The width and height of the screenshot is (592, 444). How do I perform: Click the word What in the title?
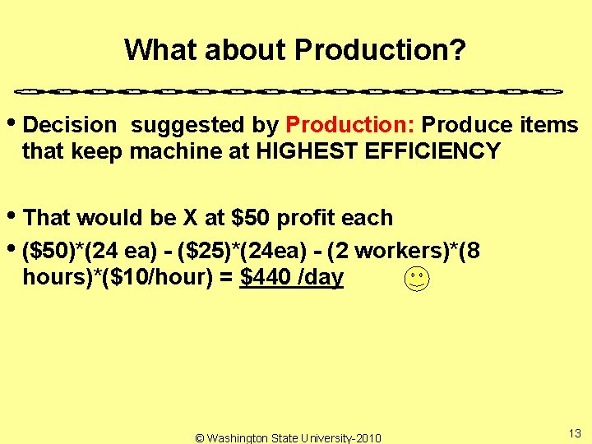pyautogui.click(x=160, y=50)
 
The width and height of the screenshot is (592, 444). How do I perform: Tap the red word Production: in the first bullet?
pyautogui.click(x=353, y=125)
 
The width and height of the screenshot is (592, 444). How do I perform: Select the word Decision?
pyautogui.click(x=71, y=125)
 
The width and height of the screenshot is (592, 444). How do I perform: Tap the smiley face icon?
pyautogui.click(x=417, y=280)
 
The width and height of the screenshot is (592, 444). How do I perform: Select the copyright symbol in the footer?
pyautogui.click(x=200, y=438)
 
